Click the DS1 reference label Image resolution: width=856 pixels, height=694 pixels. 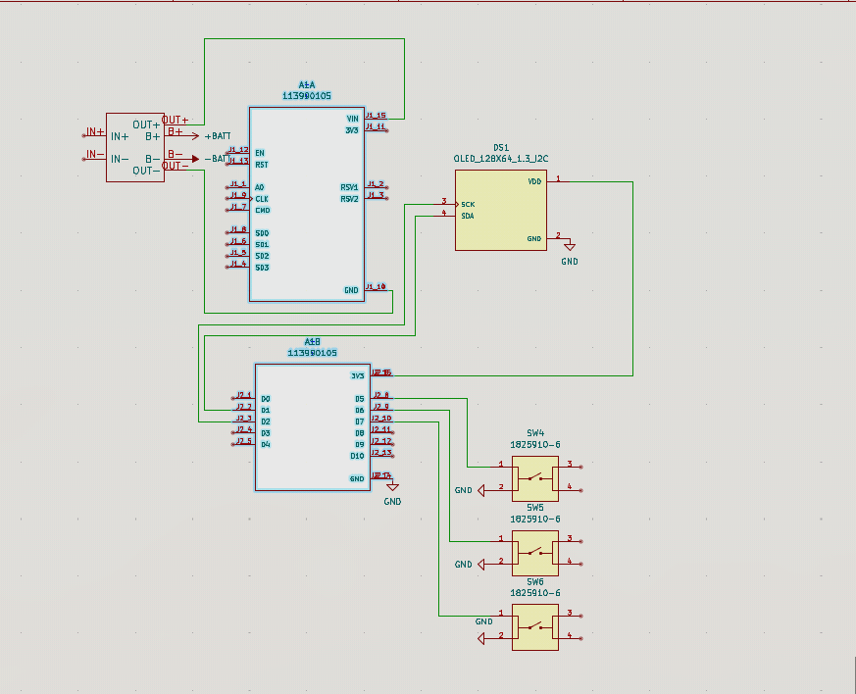[x=500, y=147]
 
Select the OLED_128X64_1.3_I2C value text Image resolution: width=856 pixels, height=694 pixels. [x=500, y=158]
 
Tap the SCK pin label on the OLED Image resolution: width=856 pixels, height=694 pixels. [x=468, y=204]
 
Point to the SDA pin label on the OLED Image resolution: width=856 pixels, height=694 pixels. [x=468, y=216]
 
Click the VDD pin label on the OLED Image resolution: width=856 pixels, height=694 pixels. [x=534, y=181]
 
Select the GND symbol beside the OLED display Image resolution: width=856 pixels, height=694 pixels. [x=569, y=247]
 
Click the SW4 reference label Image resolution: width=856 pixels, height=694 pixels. [x=534, y=432]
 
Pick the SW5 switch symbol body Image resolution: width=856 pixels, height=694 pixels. [x=534, y=554]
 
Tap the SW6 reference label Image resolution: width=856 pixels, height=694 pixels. [x=534, y=581]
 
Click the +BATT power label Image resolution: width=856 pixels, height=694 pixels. [x=217, y=136]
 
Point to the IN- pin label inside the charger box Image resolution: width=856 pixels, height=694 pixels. [x=120, y=159]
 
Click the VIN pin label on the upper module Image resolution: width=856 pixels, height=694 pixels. [x=352, y=118]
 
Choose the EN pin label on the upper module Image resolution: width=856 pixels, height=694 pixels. [x=259, y=153]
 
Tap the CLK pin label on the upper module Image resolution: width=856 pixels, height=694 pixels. [x=262, y=198]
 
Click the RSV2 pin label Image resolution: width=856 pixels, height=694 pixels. [x=349, y=198]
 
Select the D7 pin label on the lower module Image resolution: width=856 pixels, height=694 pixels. [x=360, y=421]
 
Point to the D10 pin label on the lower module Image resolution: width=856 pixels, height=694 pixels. [x=357, y=456]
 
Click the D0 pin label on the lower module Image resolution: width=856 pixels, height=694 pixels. [x=266, y=399]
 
